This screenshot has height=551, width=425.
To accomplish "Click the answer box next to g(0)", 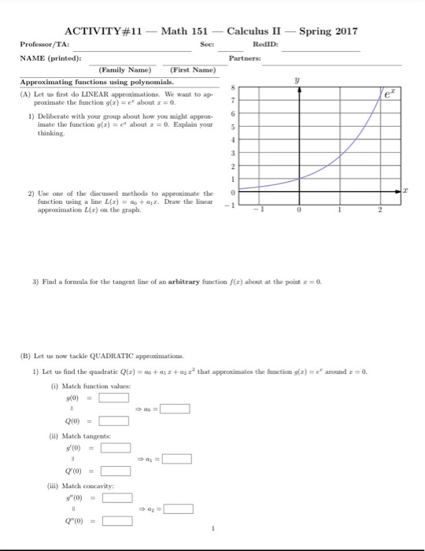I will [x=115, y=398].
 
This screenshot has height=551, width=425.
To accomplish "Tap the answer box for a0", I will [x=176, y=409].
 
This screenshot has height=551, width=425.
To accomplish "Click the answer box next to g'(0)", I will [x=115, y=449].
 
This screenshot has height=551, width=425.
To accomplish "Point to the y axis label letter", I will [x=298, y=80].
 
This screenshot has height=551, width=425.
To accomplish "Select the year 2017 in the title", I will [x=342, y=31].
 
